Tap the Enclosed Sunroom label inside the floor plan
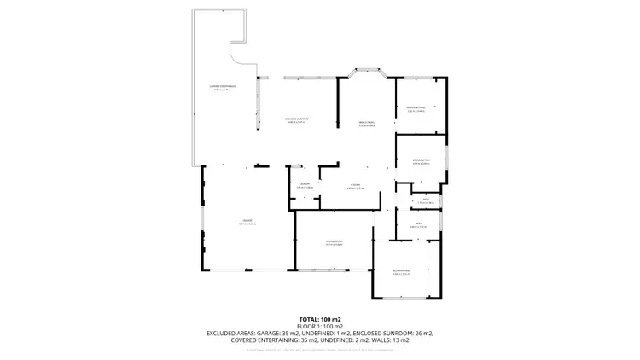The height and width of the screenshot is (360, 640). [295, 119]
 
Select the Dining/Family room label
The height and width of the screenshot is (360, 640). [367, 124]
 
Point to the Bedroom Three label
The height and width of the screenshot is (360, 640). [416, 108]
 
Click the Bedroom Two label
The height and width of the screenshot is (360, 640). [420, 160]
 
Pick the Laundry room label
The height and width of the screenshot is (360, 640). [304, 184]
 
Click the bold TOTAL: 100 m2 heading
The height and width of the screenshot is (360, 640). [319, 319]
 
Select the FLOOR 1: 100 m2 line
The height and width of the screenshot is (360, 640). [319, 326]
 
